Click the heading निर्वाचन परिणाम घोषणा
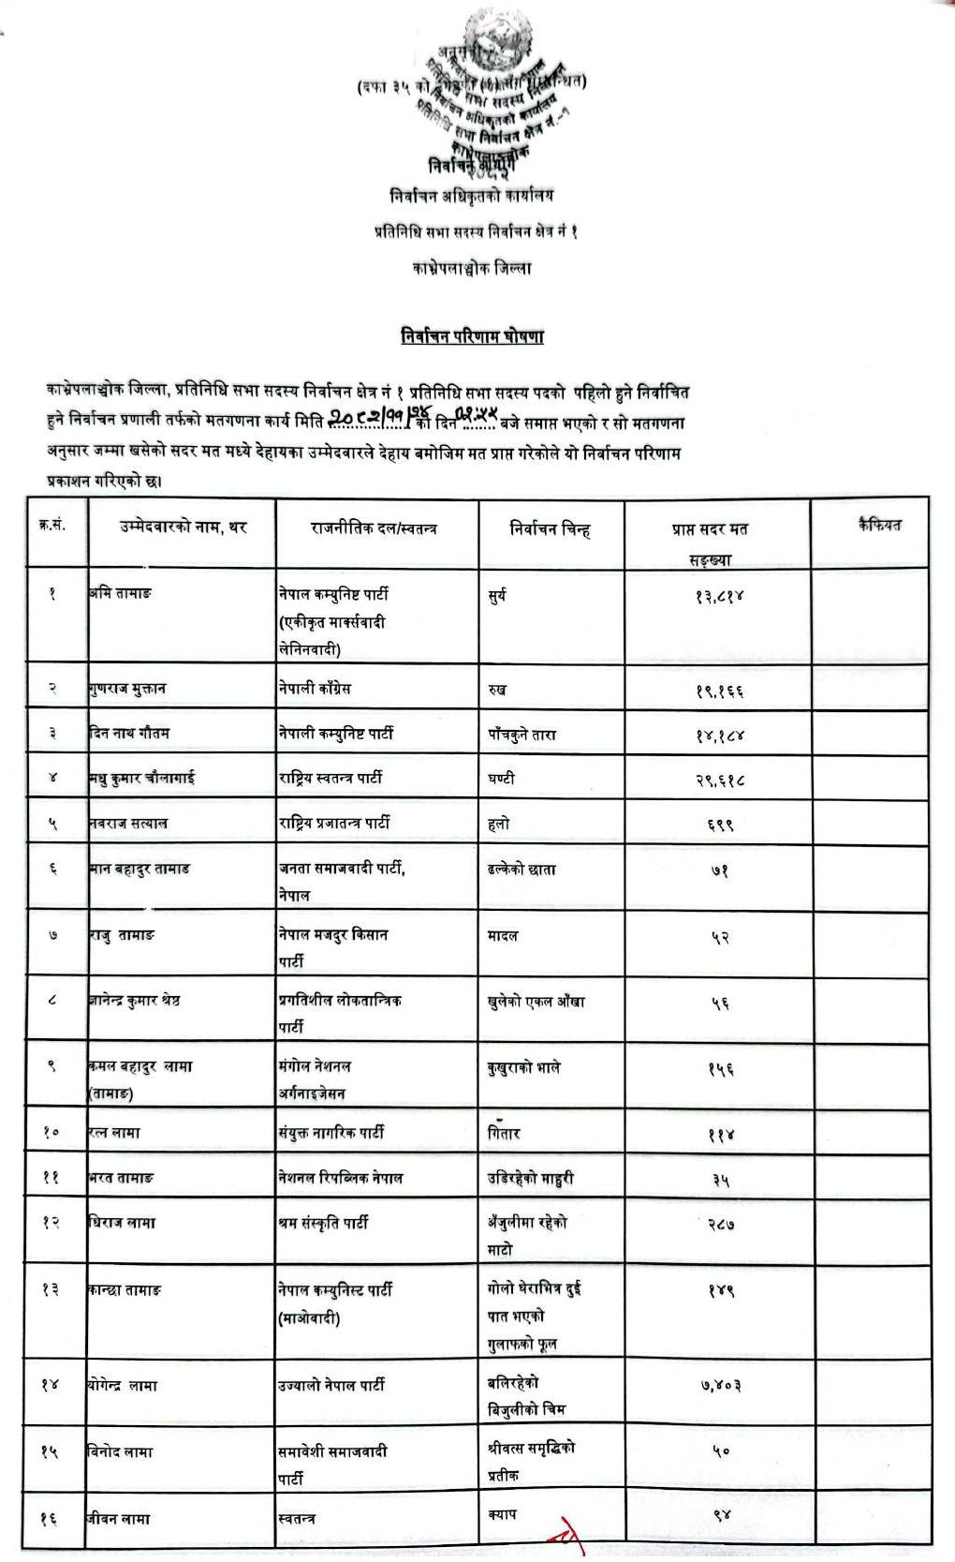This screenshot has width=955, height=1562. click(473, 336)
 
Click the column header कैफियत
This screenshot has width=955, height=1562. click(878, 525)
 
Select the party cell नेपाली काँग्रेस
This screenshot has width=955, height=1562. click(314, 689)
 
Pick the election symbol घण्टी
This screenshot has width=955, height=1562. click(501, 778)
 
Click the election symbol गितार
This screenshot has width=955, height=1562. click(504, 1133)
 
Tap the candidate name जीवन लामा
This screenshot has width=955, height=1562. click(119, 1518)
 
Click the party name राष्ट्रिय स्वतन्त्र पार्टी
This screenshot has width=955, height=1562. click(330, 778)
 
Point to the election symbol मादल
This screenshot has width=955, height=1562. click(503, 935)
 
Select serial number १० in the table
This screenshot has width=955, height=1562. click(51, 1133)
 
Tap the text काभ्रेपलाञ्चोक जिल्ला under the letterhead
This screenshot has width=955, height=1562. click(472, 268)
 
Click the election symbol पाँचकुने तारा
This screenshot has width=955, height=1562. click(522, 734)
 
